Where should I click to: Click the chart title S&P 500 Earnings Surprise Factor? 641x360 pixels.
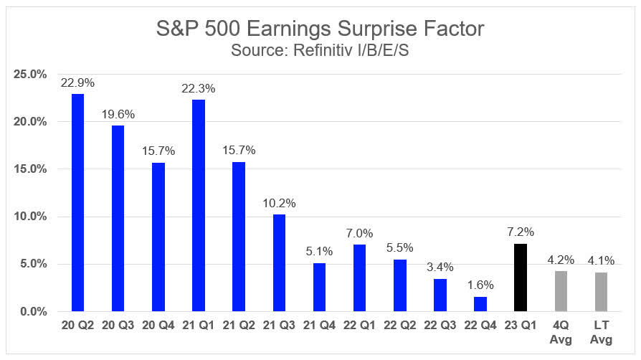click(x=320, y=29)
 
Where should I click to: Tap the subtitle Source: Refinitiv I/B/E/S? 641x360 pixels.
click(x=320, y=50)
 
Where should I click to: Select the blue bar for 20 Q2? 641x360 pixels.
click(x=77, y=202)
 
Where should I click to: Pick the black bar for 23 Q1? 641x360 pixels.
click(x=521, y=278)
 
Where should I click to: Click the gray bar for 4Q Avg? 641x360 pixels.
click(x=561, y=291)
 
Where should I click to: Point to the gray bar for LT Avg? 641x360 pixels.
click(x=601, y=292)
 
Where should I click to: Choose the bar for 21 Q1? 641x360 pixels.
click(x=199, y=205)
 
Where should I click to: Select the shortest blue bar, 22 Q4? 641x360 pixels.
click(x=480, y=304)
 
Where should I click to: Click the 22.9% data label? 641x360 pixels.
click(x=77, y=83)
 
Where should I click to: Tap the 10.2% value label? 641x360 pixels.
click(x=279, y=204)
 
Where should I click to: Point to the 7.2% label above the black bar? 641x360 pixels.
click(x=521, y=232)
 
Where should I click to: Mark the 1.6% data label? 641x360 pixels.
click(x=480, y=285)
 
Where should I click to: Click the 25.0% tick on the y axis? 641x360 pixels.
click(x=30, y=75)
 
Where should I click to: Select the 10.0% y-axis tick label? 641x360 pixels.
click(x=30, y=217)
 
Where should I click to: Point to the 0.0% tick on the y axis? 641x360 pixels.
click(x=34, y=312)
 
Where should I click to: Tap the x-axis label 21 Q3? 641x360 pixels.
click(x=279, y=326)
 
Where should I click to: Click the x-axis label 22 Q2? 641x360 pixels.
click(x=400, y=326)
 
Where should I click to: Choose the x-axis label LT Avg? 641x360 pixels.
click(x=601, y=332)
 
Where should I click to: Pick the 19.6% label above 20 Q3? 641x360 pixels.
click(x=118, y=115)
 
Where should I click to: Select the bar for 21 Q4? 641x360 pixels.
click(x=319, y=287)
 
